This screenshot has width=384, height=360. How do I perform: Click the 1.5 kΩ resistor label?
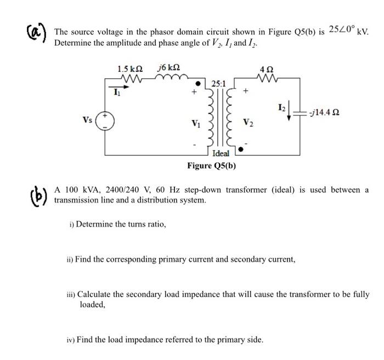(130, 69)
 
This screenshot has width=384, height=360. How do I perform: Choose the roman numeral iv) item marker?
(70, 340)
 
